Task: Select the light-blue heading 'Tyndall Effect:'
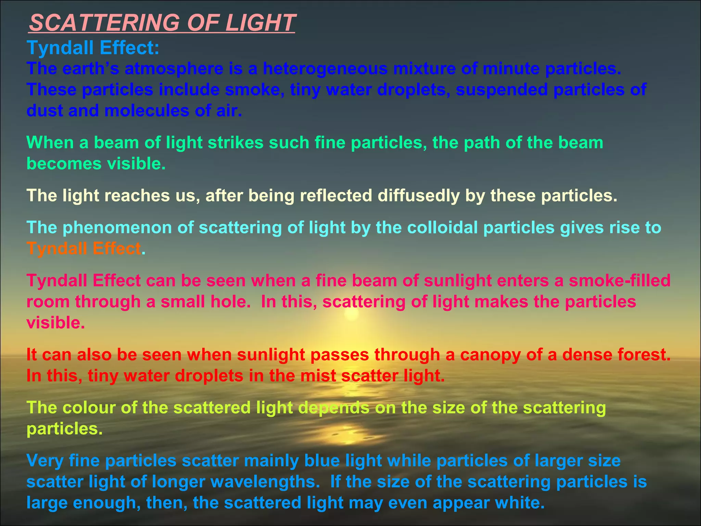point(93,48)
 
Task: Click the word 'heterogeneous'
point(325,68)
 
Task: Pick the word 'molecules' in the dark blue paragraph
point(146,111)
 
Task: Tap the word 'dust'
point(44,111)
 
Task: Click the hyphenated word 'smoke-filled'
point(619,280)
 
